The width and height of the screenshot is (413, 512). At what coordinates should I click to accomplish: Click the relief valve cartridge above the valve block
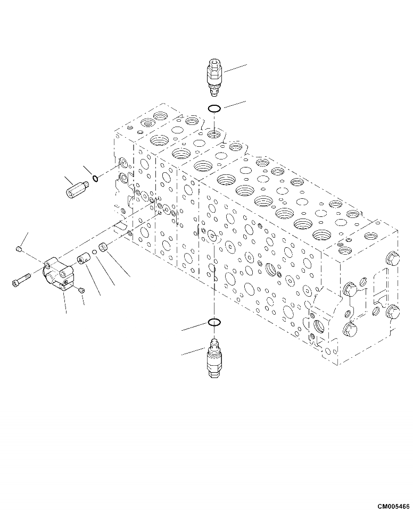click(214, 77)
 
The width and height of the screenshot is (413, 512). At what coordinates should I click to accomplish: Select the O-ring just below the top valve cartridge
click(214, 109)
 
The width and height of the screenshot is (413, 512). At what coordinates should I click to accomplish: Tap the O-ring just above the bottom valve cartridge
click(214, 322)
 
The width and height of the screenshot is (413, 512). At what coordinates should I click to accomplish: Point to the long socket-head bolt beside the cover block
click(24, 279)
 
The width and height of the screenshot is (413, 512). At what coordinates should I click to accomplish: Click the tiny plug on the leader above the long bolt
click(20, 249)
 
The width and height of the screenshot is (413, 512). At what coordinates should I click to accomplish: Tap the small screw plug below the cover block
click(81, 290)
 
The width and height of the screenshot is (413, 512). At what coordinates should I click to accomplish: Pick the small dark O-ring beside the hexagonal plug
click(95, 178)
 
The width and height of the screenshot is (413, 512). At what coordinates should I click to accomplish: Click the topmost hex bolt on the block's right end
click(393, 258)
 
